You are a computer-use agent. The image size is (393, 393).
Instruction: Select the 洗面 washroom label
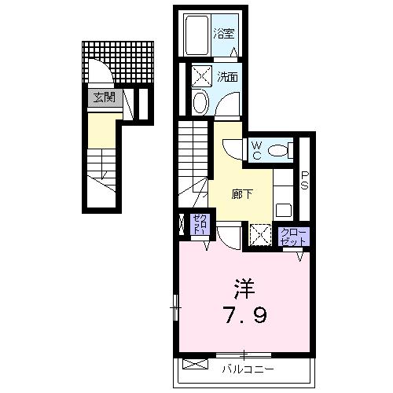(229, 78)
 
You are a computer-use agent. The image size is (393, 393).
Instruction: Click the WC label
(256, 149)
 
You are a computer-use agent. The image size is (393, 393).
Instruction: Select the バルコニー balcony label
(246, 367)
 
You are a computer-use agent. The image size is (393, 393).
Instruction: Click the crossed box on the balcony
(193, 364)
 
